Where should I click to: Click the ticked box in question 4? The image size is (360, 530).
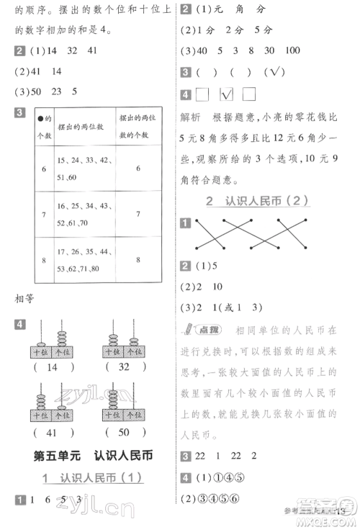[x=227, y=94]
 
